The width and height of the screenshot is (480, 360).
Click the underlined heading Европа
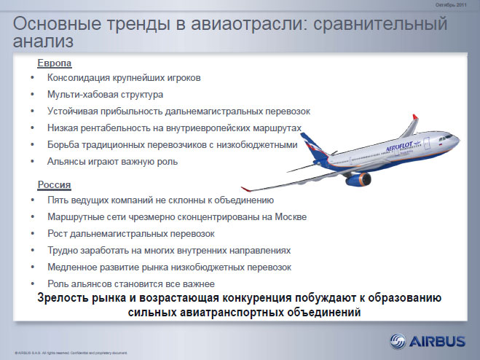tap(55, 63)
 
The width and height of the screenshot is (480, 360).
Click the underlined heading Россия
tap(54, 185)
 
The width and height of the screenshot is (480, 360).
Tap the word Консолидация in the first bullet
tap(79, 78)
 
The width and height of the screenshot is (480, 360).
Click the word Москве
tap(291, 217)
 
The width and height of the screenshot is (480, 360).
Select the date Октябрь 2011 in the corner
tap(451, 5)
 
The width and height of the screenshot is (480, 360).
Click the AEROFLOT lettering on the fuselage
tap(399, 146)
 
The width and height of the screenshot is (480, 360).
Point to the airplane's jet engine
tap(358, 179)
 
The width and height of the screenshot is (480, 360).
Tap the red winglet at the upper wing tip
tap(415, 117)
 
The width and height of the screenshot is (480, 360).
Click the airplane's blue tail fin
tap(313, 146)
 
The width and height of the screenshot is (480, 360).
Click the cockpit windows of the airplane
tap(448, 137)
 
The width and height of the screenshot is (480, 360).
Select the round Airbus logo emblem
tap(398, 341)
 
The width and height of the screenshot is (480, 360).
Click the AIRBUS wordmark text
tap(437, 341)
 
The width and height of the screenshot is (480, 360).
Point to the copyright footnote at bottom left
tap(71, 353)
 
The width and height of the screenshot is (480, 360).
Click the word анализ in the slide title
tap(43, 41)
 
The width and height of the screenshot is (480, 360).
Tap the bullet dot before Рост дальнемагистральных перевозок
tap(33, 233)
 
